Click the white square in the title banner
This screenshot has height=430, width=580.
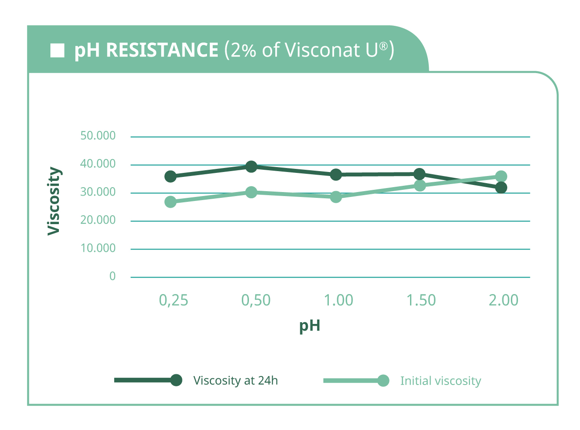[x=57, y=50]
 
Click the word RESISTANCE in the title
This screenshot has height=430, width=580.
[x=162, y=50]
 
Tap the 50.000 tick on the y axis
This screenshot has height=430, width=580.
[x=98, y=135]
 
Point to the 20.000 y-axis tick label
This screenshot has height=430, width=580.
[x=98, y=220]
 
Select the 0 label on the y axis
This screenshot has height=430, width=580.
[x=112, y=276]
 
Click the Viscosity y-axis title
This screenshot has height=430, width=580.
[x=54, y=201]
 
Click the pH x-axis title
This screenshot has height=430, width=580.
[x=310, y=326]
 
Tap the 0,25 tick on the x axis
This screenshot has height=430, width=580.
[x=174, y=300]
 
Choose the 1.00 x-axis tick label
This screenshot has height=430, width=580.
[x=338, y=300]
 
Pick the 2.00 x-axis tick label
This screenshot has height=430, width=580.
[x=503, y=300]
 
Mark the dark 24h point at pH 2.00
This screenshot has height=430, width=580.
[x=501, y=188]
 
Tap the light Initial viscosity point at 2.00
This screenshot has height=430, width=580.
[x=501, y=176]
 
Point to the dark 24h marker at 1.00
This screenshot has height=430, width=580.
[x=336, y=175]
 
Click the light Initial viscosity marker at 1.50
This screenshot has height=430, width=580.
[x=420, y=185]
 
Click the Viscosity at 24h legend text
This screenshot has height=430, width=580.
[x=235, y=381]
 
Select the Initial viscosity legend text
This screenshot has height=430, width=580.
[x=440, y=381]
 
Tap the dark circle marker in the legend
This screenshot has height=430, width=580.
[x=176, y=380]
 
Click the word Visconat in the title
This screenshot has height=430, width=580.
[x=323, y=50]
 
